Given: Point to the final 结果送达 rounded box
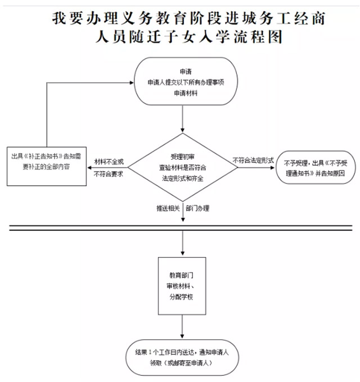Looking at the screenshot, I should (x=184, y=358).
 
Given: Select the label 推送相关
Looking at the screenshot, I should (x=168, y=208).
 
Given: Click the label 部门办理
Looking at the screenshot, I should (x=197, y=208).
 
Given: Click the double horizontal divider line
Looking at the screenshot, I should (x=180, y=227).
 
